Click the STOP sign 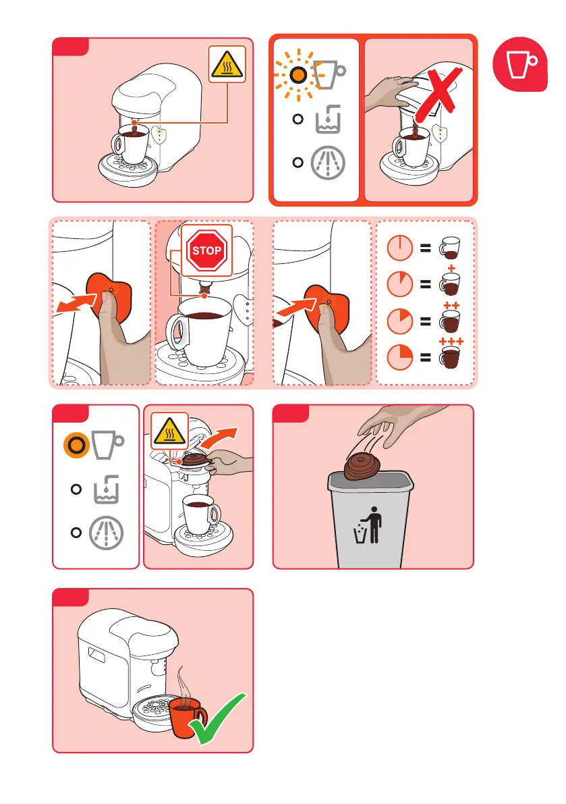click(x=206, y=250)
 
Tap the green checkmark click(x=218, y=719)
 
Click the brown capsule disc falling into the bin click(x=363, y=465)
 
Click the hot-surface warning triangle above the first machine click(x=227, y=64)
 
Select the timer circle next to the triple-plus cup click(x=400, y=357)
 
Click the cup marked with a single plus click(x=450, y=284)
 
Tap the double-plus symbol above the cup click(x=451, y=306)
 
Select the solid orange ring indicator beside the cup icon click(x=76, y=445)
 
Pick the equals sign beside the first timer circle click(x=425, y=248)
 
